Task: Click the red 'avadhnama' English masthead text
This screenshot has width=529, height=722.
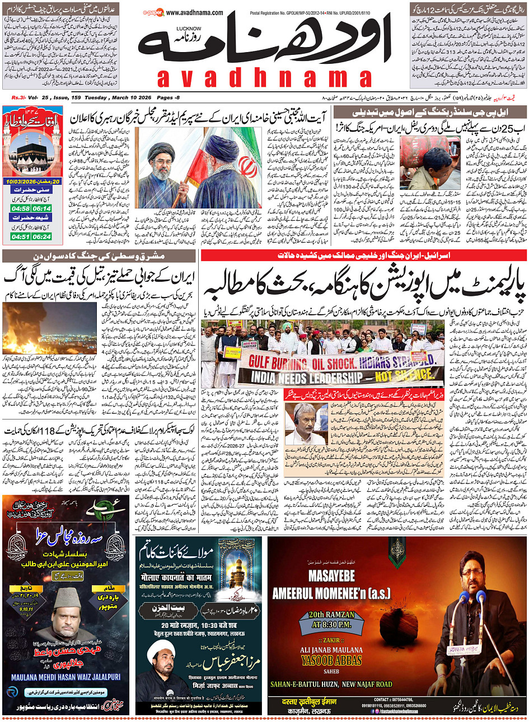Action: [265, 78]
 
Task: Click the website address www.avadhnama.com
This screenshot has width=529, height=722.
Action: [194, 13]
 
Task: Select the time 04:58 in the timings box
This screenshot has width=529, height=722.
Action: [20, 208]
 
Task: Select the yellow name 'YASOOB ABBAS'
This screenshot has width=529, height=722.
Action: [331, 660]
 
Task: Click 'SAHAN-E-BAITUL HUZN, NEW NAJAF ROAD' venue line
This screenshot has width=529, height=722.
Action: [331, 684]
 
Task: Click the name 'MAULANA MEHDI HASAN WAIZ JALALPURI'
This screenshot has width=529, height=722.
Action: [66, 677]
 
